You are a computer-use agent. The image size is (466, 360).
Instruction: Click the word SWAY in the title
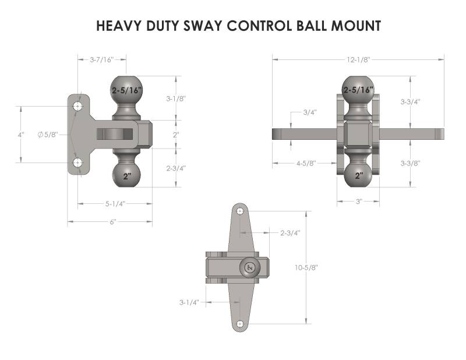tap(202, 26)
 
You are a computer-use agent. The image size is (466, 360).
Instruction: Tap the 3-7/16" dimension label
tap(102, 60)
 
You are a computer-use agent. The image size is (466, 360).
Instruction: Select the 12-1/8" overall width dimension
tap(359, 60)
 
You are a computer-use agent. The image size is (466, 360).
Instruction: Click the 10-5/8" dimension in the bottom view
tap(306, 267)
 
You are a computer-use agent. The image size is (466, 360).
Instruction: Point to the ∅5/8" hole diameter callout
tap(48, 135)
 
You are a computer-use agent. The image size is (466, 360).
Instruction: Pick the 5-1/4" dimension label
tap(115, 204)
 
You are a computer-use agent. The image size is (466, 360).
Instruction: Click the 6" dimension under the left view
tap(113, 222)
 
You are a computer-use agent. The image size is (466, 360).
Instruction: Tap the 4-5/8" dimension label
tap(306, 163)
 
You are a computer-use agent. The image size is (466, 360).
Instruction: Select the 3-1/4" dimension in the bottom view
tap(189, 302)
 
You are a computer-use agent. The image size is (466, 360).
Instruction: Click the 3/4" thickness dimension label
tap(310, 112)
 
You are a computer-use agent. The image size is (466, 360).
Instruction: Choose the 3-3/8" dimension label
tap(411, 163)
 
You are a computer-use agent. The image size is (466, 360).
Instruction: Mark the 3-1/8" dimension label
tap(176, 98)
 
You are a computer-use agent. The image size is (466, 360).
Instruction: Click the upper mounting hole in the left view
tap(77, 106)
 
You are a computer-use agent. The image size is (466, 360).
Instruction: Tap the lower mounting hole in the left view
tap(77, 163)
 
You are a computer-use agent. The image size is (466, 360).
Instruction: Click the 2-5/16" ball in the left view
tap(127, 90)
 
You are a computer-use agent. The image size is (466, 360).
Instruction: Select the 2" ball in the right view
tap(358, 175)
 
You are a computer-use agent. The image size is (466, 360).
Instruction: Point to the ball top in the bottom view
tap(250, 267)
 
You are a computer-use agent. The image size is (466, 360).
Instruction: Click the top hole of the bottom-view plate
tap(240, 211)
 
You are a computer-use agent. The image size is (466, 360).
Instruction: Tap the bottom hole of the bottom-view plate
tap(240, 324)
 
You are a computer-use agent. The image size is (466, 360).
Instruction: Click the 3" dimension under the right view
tap(359, 202)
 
